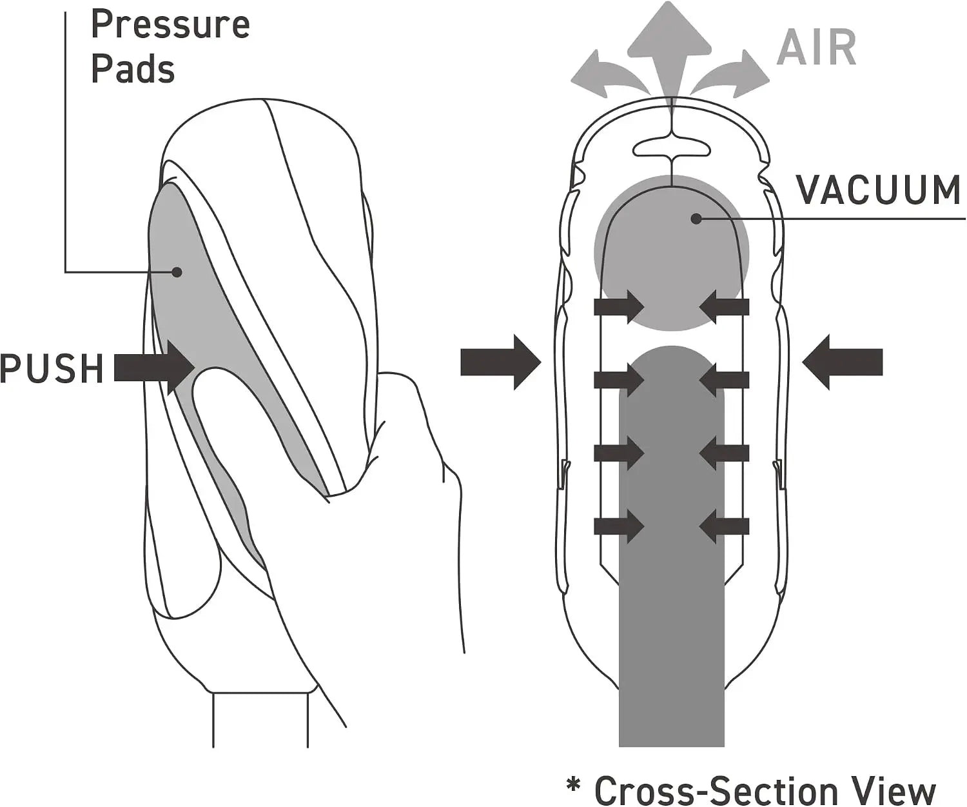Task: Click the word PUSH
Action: click(52, 368)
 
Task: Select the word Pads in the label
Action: click(133, 70)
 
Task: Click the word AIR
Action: click(817, 48)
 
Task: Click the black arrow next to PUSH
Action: click(154, 368)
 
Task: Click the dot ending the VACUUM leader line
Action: click(696, 218)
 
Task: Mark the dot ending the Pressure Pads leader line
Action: click(177, 272)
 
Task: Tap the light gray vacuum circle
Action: click(672, 253)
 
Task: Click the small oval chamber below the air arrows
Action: click(672, 149)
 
